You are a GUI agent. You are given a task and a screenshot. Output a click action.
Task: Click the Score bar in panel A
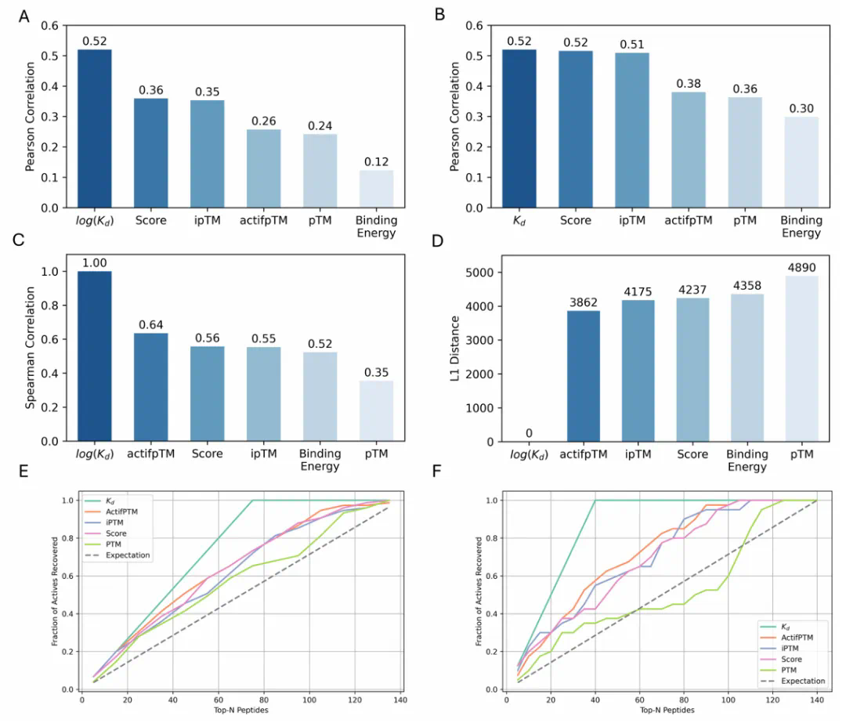[151, 153]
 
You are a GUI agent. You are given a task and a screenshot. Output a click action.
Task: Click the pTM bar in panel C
[376, 411]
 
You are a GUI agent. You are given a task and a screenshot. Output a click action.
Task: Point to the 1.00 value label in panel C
[94, 263]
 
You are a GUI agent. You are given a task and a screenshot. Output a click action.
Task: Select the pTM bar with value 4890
[801, 359]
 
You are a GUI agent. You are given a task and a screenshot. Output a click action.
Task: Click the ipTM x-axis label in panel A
[207, 220]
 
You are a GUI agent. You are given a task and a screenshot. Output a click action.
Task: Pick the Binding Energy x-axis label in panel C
[320, 460]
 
